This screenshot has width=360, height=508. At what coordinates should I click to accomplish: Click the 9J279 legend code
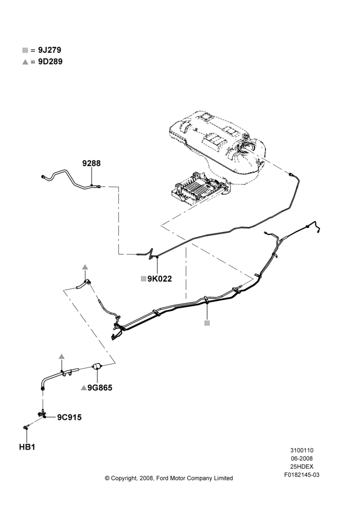coord(50,50)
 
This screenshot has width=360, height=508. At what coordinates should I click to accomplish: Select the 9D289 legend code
coord(50,61)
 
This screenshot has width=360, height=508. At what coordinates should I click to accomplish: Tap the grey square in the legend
coord(25,50)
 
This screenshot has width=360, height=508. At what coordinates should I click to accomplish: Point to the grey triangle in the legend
coord(25,62)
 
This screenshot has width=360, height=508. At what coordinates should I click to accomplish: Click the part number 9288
coord(92,163)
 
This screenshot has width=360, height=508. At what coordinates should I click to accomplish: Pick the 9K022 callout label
coord(160,278)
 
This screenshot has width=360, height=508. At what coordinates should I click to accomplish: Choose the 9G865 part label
coord(100,388)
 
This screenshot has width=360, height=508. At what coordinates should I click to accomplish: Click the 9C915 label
coord(69,417)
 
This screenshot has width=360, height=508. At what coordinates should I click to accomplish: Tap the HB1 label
coord(27,447)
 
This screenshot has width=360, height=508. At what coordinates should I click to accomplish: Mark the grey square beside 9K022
coord(143,278)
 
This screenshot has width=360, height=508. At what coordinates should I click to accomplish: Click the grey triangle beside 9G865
coord(84,388)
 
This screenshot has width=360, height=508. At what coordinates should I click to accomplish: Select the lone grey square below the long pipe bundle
coord(207,323)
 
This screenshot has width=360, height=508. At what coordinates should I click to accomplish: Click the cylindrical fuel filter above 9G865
coord(97,366)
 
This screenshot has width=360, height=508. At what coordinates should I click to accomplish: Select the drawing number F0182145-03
coord(302,475)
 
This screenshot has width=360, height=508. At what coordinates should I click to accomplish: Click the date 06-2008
coord(302,458)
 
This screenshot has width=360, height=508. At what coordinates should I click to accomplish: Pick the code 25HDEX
coord(302,466)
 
